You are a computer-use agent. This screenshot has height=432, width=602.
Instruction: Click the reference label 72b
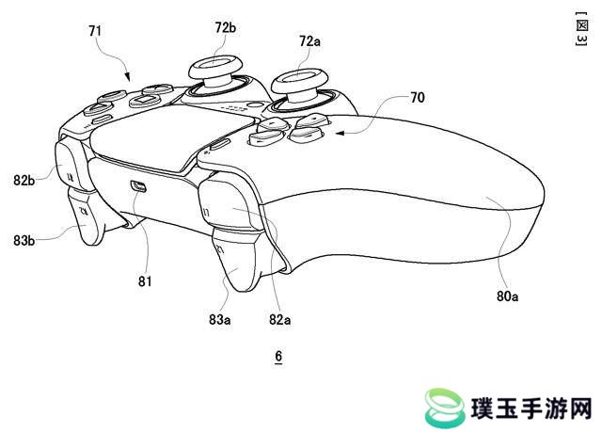pyautogui.click(x=226, y=27)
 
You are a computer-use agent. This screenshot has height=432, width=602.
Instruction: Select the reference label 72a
pyautogui.click(x=309, y=41)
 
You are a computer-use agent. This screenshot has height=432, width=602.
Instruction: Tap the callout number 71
pyautogui.click(x=95, y=31)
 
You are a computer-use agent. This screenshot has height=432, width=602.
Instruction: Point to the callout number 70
pyautogui.click(x=418, y=98)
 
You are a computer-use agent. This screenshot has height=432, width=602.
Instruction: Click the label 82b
pyautogui.click(x=24, y=180)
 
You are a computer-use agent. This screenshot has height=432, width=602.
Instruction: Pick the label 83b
pyautogui.click(x=24, y=240)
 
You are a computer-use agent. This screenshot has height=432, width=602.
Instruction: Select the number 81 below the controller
pyautogui.click(x=145, y=281)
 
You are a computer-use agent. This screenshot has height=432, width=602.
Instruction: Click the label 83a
pyautogui.click(x=219, y=319)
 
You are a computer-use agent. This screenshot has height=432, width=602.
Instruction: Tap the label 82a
pyautogui.click(x=280, y=319)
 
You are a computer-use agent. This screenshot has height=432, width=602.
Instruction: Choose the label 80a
pyautogui.click(x=507, y=296)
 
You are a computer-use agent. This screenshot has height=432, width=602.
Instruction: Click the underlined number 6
pyautogui.click(x=278, y=356)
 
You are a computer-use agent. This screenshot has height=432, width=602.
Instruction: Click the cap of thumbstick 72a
pyautogui.click(x=300, y=80)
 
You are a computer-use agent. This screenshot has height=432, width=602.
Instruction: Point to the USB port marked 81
pyautogui.click(x=138, y=186)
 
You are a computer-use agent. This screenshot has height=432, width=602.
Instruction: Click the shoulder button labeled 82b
pyautogui.click(x=70, y=165)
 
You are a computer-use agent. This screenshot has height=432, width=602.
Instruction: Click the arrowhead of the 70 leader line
pyautogui.click(x=340, y=134)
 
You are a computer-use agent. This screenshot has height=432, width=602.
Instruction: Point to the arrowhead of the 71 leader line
pyautogui.click(x=128, y=76)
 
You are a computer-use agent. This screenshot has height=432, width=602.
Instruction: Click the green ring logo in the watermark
pyautogui.click(x=444, y=408)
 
